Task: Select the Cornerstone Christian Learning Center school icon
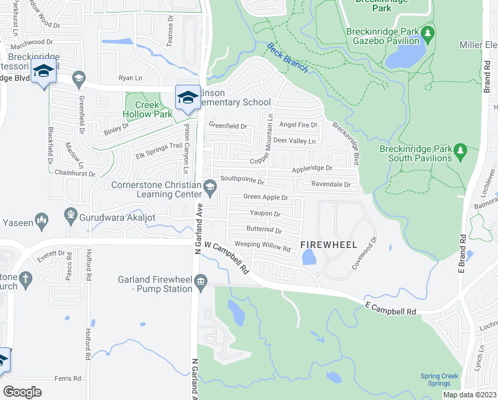point(210,186)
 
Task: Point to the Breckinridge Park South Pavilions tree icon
point(460,153)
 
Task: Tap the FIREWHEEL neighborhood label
point(325,245)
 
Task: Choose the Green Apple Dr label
point(265,197)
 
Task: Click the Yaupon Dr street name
point(265,214)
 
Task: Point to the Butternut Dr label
point(264,230)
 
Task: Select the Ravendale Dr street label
point(330,184)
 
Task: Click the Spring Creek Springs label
point(439,380)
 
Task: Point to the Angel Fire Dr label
point(298,125)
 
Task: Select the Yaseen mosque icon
point(42,220)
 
